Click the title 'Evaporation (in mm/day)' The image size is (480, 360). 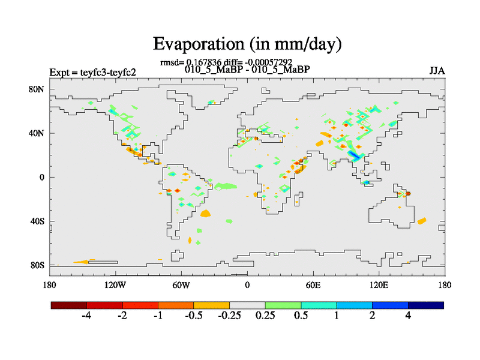pos(247,44)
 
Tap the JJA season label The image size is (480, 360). pos(437,71)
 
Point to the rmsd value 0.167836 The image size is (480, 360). pos(204,62)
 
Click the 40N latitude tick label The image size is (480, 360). pos(38,133)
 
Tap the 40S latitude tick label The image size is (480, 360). pos(38,221)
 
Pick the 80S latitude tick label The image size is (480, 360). pos(38,265)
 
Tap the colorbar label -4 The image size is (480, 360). pos(86,316)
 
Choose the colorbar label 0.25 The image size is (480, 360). pos(265,316)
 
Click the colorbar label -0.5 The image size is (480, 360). pos(194,316)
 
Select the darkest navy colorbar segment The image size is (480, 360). pos(426,305)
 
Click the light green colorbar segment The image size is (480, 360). pos(283,305)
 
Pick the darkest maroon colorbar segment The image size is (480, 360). pos(69,305)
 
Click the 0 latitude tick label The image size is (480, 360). pos(43,177)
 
